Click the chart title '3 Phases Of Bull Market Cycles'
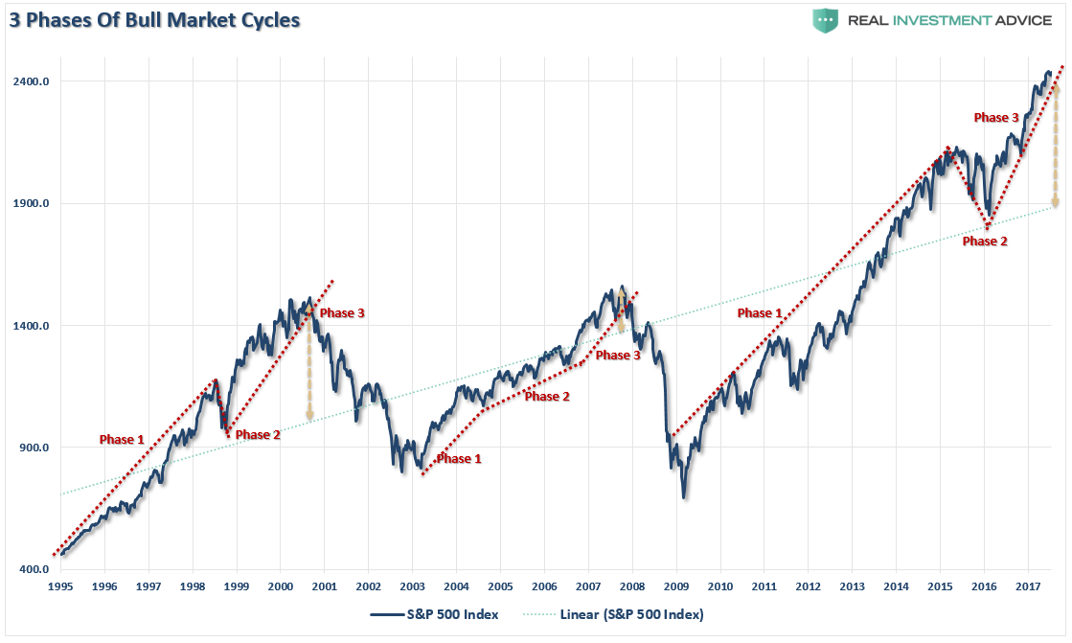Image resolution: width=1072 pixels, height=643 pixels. tap(152, 20)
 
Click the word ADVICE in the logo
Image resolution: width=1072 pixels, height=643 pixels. tap(1016, 21)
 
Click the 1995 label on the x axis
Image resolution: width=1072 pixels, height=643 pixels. tap(60, 586)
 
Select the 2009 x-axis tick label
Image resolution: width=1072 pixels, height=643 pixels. tap(676, 586)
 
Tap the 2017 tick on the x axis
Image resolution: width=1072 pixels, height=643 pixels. tap(1028, 586)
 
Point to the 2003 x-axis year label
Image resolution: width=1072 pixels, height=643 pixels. tap(412, 586)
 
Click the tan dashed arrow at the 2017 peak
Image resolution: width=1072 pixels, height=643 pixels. tap(1056, 144)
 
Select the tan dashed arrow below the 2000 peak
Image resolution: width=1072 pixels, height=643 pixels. tap(309, 369)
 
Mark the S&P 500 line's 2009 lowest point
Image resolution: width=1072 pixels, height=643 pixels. tap(684, 497)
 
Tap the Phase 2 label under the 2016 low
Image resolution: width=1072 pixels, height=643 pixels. tap(985, 241)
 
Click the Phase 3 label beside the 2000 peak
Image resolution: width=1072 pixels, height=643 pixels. tap(342, 312)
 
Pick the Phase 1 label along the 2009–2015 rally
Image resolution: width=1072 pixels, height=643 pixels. tap(759, 312)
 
